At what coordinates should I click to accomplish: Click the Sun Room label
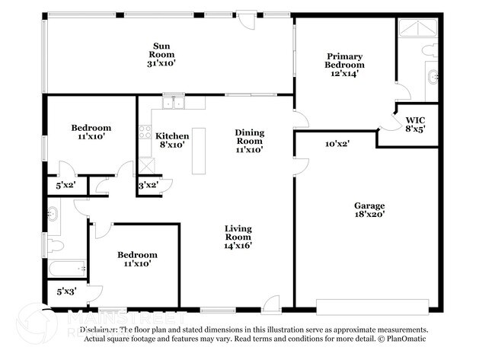pos(161,55)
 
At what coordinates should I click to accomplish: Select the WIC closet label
pos(415,125)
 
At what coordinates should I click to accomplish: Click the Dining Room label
pos(248,141)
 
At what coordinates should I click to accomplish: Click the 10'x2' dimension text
pos(337,143)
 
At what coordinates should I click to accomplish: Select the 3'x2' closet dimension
pos(148,184)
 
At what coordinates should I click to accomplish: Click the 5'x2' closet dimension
pos(66,184)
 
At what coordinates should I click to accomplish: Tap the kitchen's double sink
pos(173,102)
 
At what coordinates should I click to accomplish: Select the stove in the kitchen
pos(143,132)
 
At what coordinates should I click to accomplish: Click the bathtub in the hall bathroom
pos(67,267)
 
